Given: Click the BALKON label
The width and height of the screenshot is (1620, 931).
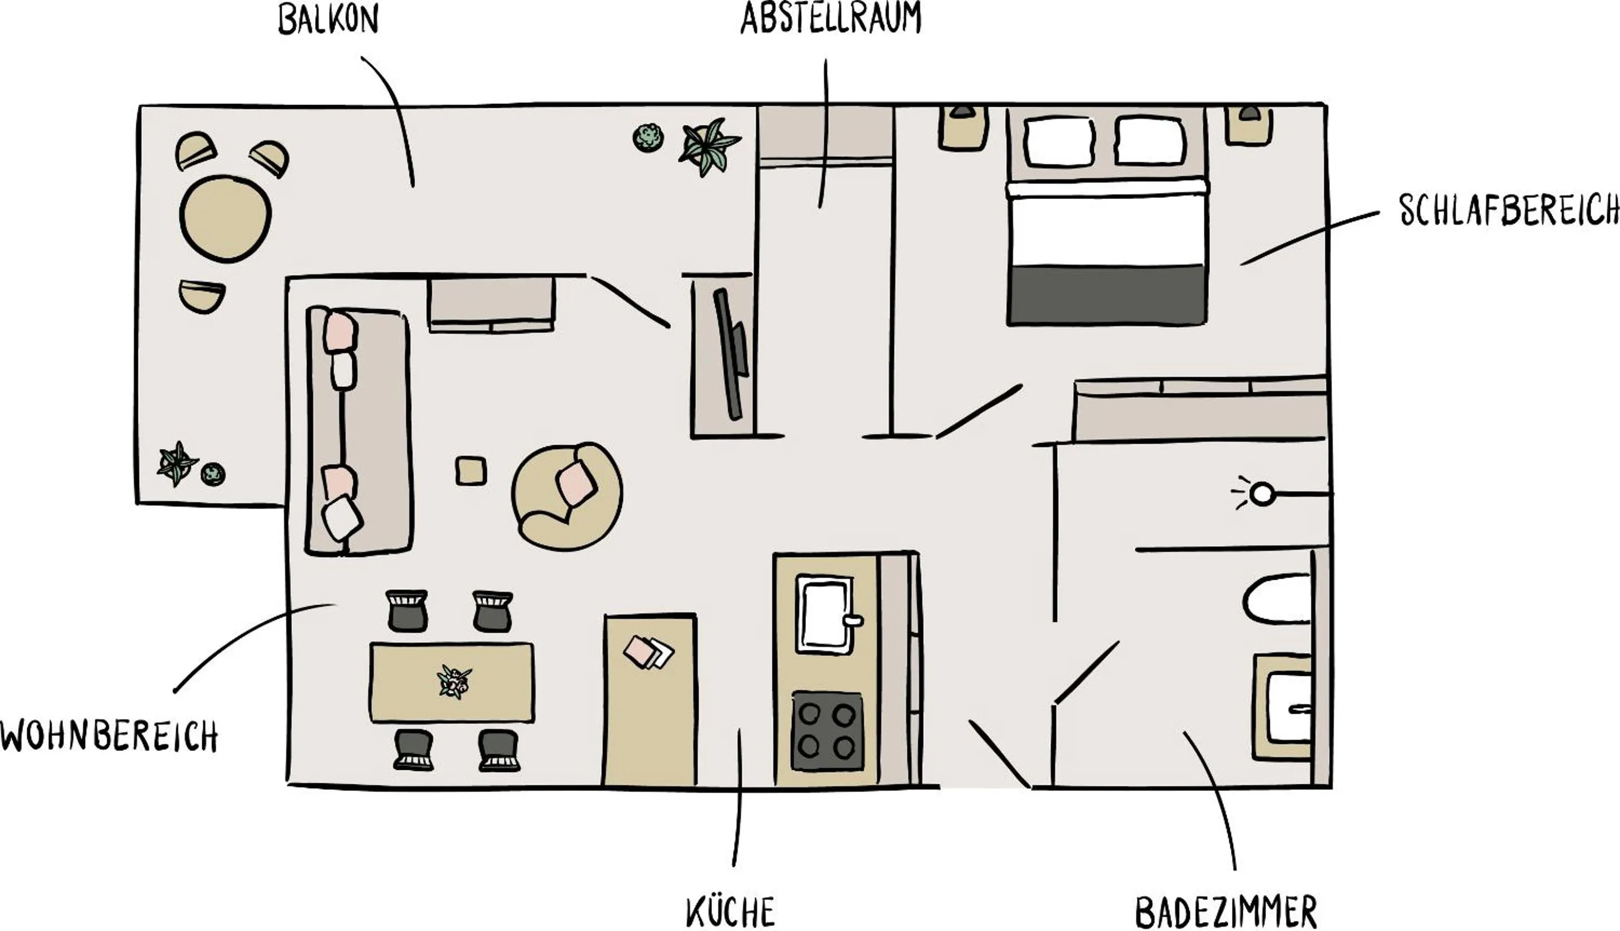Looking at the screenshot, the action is click(328, 20).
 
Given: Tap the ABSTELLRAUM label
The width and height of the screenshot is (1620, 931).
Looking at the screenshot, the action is click(831, 18).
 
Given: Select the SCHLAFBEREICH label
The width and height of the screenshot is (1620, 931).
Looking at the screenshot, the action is click(1509, 210).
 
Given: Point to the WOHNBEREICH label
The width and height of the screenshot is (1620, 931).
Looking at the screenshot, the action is click(109, 736).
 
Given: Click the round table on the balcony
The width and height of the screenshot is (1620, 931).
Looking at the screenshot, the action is click(226, 218).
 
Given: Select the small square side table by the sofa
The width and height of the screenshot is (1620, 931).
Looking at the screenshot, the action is click(471, 471).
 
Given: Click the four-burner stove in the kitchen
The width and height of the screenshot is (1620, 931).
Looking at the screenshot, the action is click(828, 731).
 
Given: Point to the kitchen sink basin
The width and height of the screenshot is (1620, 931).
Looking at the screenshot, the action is click(825, 614).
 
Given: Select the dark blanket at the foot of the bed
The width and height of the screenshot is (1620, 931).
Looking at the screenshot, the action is click(1106, 295).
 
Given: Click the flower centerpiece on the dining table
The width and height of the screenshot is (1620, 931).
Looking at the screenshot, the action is click(454, 681).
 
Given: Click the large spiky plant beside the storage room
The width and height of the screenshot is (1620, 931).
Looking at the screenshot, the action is click(709, 146).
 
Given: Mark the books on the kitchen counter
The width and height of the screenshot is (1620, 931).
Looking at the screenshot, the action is click(648, 652).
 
